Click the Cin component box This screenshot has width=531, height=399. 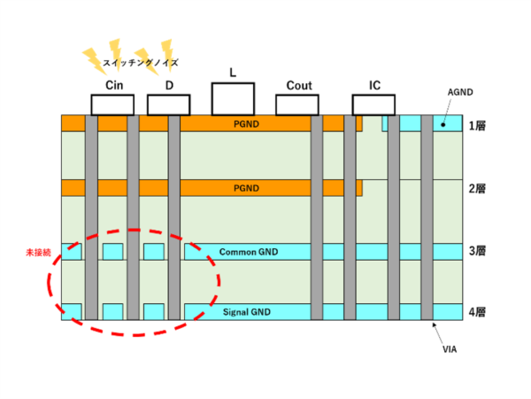tap(112, 105)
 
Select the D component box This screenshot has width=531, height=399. tap(169, 105)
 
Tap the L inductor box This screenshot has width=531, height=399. tap(233, 98)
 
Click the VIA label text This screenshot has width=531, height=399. tap(450, 350)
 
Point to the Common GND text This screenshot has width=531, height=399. tap(248, 252)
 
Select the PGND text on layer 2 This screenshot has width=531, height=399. tap(245, 189)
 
